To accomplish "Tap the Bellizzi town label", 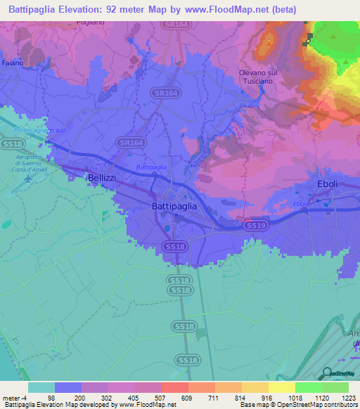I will point(101,178).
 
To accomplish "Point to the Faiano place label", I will point(12,63).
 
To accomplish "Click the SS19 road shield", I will point(256,225).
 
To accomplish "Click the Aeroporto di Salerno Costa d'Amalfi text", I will point(31,160).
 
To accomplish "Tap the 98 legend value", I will point(51,397).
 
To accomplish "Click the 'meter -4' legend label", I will point(15,397).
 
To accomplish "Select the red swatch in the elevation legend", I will point(174,387).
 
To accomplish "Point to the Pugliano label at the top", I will point(91,22).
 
